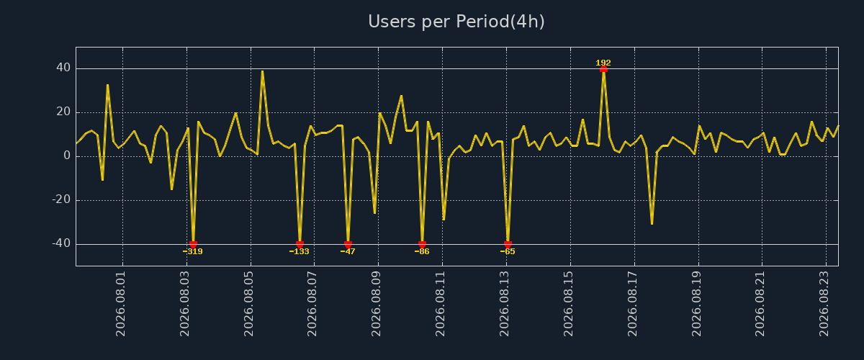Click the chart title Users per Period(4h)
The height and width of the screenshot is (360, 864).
(456, 22)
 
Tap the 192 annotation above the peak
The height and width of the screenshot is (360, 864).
(603, 63)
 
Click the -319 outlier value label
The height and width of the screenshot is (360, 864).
(192, 251)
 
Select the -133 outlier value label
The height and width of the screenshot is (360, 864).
(300, 251)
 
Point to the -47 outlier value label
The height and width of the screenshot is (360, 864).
(348, 251)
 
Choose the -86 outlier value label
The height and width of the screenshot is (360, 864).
(422, 251)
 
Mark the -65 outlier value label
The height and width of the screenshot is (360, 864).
(508, 251)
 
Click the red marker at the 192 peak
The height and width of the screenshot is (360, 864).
(603, 69)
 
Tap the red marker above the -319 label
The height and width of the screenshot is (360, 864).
(193, 244)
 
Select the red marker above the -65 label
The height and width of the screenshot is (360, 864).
(508, 244)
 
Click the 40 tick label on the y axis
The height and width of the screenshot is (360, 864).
(63, 68)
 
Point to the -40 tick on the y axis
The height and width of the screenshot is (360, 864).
(61, 243)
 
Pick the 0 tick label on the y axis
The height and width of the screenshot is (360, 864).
(67, 156)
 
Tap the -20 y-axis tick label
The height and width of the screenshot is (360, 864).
(61, 199)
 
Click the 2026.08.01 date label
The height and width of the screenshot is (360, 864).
(120, 304)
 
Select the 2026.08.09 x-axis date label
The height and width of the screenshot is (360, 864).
(376, 304)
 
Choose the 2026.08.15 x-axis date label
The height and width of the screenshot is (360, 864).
(568, 304)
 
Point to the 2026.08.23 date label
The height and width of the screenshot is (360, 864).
(824, 304)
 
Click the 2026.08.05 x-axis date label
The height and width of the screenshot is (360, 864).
(248, 304)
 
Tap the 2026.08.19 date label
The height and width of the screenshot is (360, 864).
(696, 304)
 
